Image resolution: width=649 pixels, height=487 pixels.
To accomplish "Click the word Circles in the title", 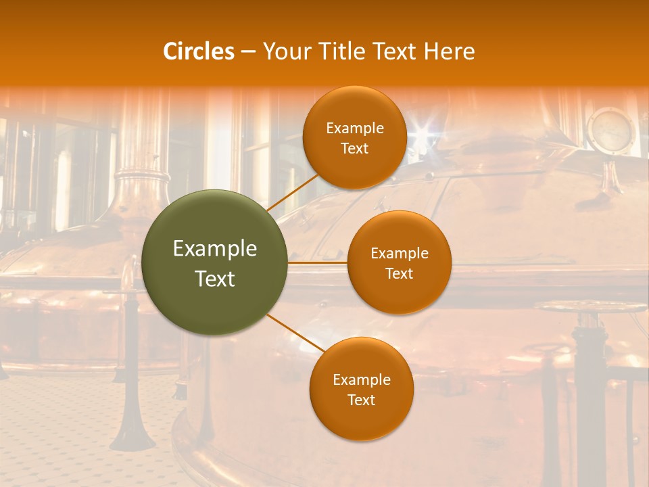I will [x=199, y=51].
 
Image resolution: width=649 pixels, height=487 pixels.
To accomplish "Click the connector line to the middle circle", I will [x=317, y=262].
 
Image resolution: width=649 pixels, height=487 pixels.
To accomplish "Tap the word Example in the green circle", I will [x=215, y=249].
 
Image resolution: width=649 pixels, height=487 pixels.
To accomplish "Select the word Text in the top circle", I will [x=354, y=148].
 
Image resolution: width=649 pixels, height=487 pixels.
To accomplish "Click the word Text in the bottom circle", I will [x=361, y=400].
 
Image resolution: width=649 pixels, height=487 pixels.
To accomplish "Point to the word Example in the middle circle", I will [x=399, y=254].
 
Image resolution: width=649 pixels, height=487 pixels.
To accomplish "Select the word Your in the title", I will [x=282, y=51].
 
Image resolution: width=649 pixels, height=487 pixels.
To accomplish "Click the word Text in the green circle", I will [x=215, y=279].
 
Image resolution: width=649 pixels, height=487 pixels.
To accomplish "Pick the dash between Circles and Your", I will [x=247, y=52].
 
